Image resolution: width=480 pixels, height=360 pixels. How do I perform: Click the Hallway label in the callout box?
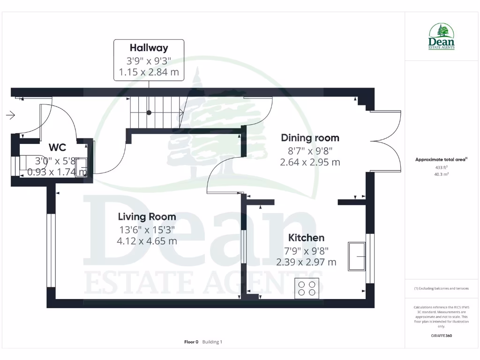149,48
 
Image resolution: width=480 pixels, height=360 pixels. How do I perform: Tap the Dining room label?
310,138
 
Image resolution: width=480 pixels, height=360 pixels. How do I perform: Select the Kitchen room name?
306,238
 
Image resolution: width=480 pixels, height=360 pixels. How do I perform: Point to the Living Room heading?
147,217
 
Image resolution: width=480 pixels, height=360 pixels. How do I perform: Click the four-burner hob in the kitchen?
307,288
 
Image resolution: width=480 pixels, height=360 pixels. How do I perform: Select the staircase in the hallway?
156,112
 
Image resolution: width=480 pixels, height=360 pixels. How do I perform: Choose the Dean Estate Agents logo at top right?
442,37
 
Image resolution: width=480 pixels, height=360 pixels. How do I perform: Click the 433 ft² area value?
441,167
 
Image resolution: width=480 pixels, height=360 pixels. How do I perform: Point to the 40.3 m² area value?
441,174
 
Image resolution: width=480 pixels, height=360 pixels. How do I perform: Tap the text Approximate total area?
441,160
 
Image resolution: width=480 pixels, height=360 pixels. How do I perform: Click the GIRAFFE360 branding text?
441,336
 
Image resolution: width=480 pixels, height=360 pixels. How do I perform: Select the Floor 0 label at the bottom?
191,342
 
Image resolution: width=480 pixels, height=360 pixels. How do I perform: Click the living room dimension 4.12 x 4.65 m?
147,241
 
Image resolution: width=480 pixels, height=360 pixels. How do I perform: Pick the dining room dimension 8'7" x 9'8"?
310,150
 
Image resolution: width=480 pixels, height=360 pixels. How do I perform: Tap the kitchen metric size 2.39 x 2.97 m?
306,262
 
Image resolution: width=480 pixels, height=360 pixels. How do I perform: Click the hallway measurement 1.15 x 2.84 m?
149,73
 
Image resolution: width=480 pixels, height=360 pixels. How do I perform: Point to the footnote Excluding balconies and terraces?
441,288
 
